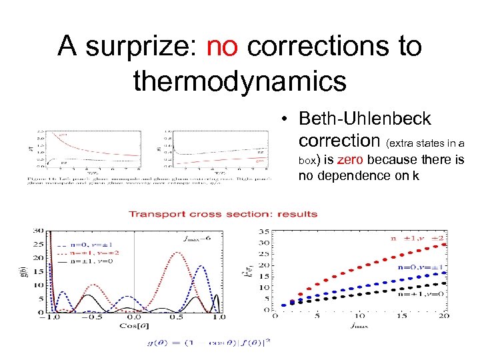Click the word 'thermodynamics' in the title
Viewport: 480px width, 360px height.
pyautogui.click(x=240, y=81)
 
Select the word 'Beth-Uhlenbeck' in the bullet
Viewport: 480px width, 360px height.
pyautogui.click(x=365, y=119)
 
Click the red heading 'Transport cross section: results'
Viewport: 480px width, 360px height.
pyautogui.click(x=223, y=214)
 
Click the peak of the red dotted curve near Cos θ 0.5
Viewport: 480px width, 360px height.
pyautogui.click(x=177, y=253)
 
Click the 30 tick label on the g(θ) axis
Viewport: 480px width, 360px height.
pyautogui.click(x=37, y=231)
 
